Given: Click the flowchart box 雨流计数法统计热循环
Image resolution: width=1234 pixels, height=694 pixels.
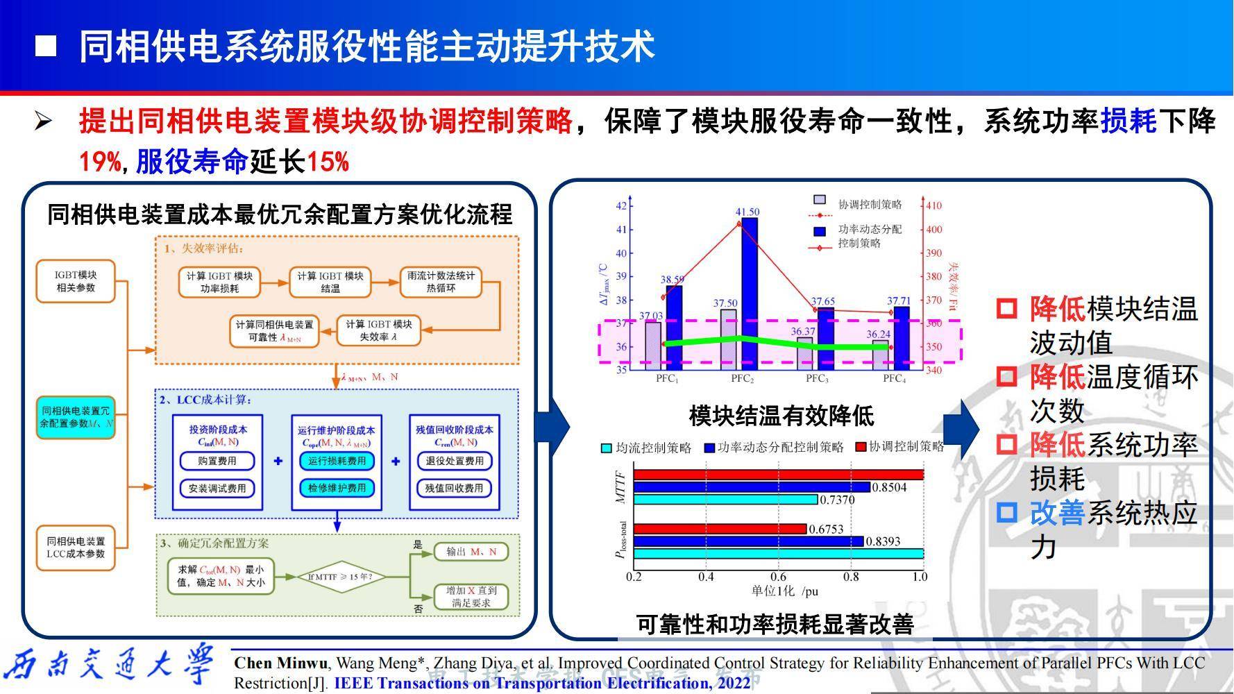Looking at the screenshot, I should point(441,281).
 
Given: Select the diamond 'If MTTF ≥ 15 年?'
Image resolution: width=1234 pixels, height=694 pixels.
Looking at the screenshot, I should point(340,577).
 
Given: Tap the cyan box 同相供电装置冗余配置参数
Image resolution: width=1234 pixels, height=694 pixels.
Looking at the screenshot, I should point(76,416).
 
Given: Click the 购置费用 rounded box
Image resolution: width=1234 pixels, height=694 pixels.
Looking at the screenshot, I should point(217,461).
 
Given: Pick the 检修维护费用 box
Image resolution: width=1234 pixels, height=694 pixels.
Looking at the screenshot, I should point(337,488).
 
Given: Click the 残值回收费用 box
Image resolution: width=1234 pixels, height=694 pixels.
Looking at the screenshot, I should point(454,488).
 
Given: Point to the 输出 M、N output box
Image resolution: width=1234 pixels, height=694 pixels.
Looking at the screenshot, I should point(471,552).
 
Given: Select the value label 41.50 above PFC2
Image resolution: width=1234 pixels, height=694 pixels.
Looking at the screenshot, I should point(747,212).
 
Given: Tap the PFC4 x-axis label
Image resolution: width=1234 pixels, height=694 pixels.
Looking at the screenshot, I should point(895,379).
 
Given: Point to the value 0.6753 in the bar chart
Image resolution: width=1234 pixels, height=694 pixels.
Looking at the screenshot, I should point(826,529).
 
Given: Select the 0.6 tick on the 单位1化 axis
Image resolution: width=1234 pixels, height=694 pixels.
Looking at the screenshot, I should point(778,577).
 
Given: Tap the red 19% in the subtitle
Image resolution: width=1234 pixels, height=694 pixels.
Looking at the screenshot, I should point(100,162).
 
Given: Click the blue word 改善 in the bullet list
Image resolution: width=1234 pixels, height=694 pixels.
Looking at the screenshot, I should point(1056,514).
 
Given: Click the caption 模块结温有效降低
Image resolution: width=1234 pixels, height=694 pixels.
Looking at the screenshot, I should point(781,416).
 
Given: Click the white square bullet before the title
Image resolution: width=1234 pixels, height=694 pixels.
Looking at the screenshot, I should point(45,46).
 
